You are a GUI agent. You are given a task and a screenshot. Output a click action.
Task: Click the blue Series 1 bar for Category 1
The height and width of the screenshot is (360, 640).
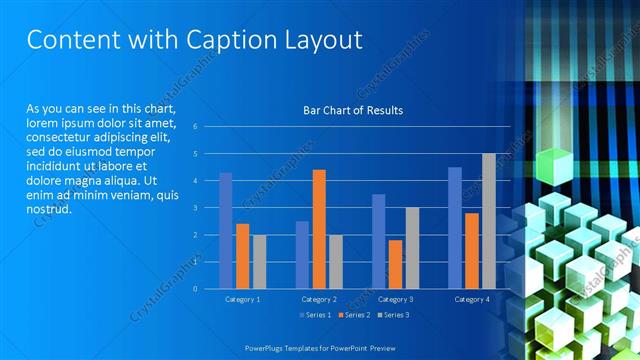(226, 230)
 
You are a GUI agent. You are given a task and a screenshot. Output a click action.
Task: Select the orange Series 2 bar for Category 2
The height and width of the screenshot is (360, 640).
(319, 229)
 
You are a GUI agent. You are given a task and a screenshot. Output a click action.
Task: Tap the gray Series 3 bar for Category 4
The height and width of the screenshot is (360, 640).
(489, 221)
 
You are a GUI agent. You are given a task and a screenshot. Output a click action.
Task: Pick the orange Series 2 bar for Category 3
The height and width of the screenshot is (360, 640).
(395, 264)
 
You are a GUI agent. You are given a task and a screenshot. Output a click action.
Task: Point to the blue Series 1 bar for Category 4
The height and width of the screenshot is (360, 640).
(455, 228)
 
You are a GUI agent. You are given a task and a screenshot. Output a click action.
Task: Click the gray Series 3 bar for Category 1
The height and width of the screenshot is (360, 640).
(259, 262)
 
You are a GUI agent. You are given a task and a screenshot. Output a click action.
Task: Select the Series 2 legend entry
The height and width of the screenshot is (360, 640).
(354, 315)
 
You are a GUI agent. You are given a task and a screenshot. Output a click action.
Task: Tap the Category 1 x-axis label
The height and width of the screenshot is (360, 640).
(242, 299)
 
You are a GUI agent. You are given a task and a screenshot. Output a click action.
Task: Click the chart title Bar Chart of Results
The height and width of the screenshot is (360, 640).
(353, 110)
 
